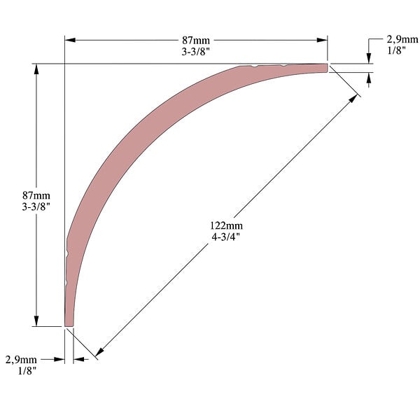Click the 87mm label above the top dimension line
coord(196,41)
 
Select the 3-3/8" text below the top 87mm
coord(196,51)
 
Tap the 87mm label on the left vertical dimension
coord(36,195)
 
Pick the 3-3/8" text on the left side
coord(36,206)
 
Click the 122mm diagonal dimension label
coord(226,225)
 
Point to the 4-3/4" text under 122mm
coord(226,237)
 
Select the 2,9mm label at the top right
coord(402,40)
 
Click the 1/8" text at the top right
coord(396,50)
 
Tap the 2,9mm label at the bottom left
coord(21,360)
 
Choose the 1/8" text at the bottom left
coord(27,371)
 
